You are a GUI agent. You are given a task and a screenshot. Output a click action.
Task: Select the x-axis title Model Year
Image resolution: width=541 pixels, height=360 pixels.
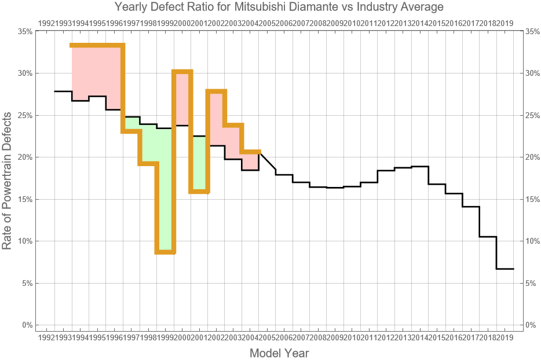pos(279,352)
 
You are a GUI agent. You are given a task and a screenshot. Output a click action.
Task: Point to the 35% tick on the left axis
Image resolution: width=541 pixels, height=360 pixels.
pos(25,31)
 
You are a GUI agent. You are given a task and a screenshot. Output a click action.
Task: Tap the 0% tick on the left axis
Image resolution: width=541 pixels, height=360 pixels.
pos(27,325)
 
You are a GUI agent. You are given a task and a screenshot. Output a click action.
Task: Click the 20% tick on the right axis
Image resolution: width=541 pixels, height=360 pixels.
pos(532,157)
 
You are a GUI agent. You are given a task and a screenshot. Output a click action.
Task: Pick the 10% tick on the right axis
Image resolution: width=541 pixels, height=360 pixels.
pos(532,241)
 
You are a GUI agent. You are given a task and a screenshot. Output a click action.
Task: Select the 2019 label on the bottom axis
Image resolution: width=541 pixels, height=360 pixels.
pos(505,337)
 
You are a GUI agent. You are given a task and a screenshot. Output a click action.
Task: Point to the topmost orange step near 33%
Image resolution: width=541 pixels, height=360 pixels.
pos(97,45)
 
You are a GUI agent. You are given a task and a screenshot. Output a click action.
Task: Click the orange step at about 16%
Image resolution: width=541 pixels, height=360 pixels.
pos(199,191)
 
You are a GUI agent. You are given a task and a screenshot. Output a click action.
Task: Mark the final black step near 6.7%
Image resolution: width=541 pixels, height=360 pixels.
pos(505,269)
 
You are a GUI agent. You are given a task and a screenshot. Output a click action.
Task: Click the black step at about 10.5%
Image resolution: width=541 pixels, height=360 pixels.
pos(488,237)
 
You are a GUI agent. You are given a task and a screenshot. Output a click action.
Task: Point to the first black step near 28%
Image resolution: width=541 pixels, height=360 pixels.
pos(63,91)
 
